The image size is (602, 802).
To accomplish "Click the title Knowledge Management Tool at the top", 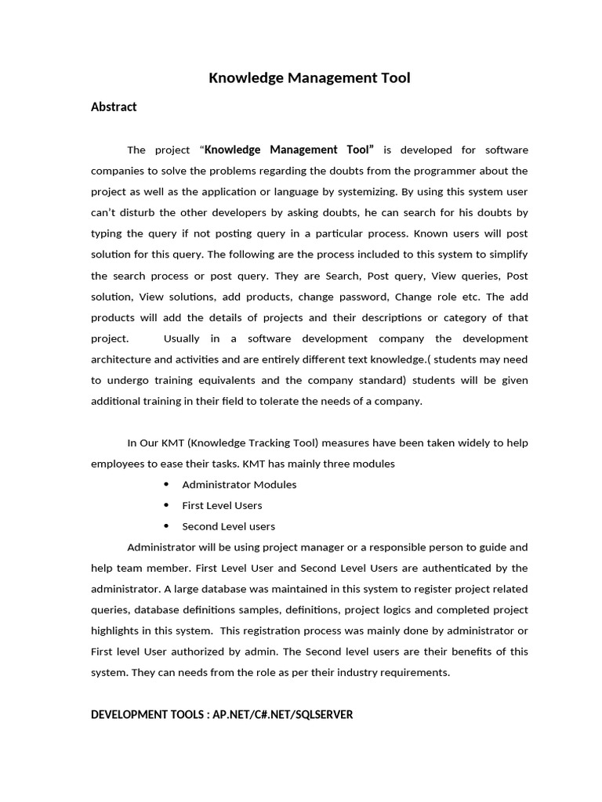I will coord(309,78).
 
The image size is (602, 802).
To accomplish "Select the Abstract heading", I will coord(114,107).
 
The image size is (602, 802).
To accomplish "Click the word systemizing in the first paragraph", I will coord(401,192).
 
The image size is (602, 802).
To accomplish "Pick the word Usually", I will coord(182,338).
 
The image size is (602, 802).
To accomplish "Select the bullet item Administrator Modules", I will coord(239,485).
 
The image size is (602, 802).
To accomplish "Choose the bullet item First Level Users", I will coord(222,506).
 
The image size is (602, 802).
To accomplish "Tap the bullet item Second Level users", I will coord(228,526).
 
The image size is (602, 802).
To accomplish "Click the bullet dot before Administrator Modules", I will coord(166,485).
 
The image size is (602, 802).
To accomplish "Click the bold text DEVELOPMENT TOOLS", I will coord(148,715).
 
